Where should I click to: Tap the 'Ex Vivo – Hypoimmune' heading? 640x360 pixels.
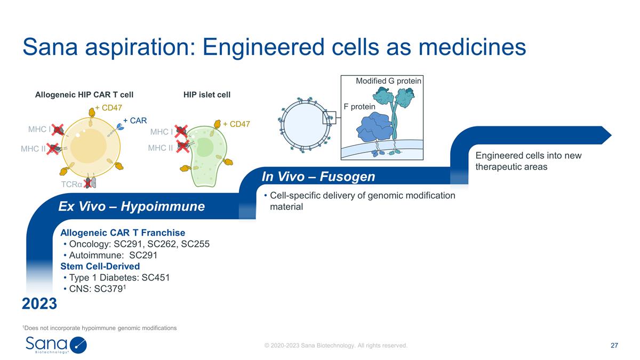[x=131, y=206]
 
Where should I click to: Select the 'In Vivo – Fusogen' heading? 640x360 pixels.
[x=318, y=176]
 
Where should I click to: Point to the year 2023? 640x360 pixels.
[x=39, y=304]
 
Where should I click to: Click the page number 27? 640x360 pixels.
[x=614, y=346]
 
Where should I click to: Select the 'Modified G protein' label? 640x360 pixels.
[x=388, y=81]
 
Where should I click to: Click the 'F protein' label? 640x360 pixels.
[x=360, y=107]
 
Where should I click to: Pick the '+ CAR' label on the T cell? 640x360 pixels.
[x=135, y=121]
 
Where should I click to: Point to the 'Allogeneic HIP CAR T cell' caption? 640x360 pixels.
[x=84, y=94]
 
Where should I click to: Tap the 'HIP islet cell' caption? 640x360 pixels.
[x=207, y=94]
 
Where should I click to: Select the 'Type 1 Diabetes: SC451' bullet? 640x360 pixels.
[x=119, y=277]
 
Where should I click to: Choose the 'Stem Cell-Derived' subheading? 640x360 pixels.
[x=100, y=266]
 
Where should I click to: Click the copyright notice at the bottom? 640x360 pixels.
[x=336, y=346]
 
